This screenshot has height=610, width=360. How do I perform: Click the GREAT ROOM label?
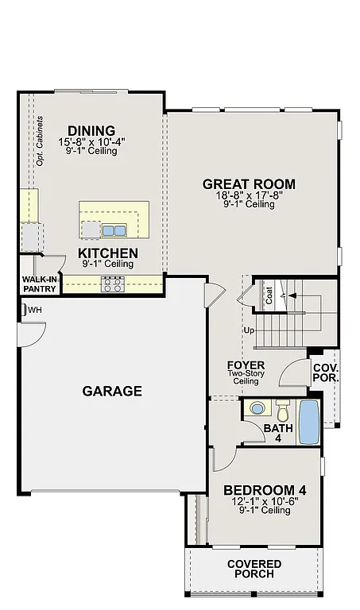(x=249, y=184)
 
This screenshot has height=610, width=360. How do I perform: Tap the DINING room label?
(x=91, y=131)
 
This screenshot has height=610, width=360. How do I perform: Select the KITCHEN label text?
(x=108, y=253)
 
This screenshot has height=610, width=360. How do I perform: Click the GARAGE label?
(x=112, y=391)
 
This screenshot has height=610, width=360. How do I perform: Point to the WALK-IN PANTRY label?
(x=39, y=284)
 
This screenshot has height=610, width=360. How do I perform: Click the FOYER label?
(x=246, y=365)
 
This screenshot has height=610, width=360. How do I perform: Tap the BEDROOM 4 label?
(x=265, y=490)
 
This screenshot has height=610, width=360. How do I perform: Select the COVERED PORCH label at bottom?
(x=254, y=569)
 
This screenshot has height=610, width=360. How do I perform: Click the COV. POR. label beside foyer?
(x=325, y=373)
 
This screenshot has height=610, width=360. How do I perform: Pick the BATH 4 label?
(x=279, y=434)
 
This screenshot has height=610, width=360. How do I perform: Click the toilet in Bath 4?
(x=283, y=411)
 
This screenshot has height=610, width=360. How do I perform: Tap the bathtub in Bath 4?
(x=308, y=422)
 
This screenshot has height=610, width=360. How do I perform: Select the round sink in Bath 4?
(x=257, y=409)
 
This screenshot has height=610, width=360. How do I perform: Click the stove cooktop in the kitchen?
(x=111, y=284)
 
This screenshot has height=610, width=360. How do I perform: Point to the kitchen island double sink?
(x=113, y=230)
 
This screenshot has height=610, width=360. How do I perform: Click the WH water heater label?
(x=34, y=309)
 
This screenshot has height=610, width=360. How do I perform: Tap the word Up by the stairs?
(x=249, y=330)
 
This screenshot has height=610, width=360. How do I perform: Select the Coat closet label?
(x=269, y=296)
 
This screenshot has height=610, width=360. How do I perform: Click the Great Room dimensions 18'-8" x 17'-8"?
(x=249, y=195)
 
